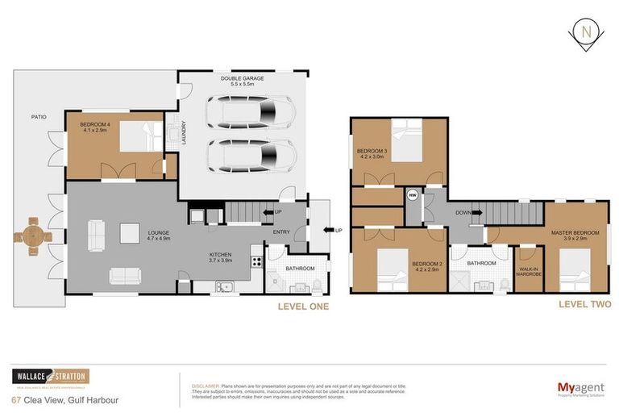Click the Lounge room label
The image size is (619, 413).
158,236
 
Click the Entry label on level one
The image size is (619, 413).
280,232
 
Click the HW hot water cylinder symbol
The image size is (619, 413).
413,194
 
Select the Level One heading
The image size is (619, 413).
303,307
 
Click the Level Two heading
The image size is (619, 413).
584,304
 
